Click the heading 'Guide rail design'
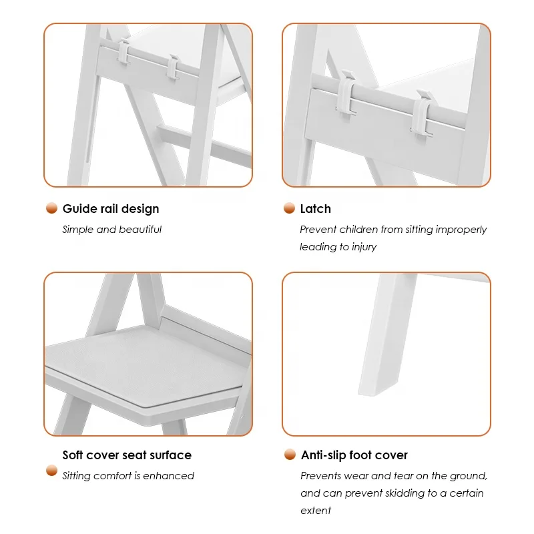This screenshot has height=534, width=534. [111, 209]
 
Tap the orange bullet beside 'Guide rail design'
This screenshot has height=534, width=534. [52, 208]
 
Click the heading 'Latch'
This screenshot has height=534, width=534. [315, 209]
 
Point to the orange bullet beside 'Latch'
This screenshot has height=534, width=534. [289, 208]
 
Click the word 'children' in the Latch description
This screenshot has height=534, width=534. [358, 229]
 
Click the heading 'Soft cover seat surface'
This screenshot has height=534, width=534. [127, 455]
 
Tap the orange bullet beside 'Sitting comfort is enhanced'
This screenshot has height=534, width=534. [52, 471]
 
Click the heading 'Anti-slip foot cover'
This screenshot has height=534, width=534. [354, 455]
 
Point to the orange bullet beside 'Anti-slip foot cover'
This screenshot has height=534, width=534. [290, 455]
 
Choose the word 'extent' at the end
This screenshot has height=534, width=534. [316, 511]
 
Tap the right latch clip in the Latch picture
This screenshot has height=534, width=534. [423, 113]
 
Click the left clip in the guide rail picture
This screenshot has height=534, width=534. [124, 51]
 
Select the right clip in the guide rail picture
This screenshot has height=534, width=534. [173, 67]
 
